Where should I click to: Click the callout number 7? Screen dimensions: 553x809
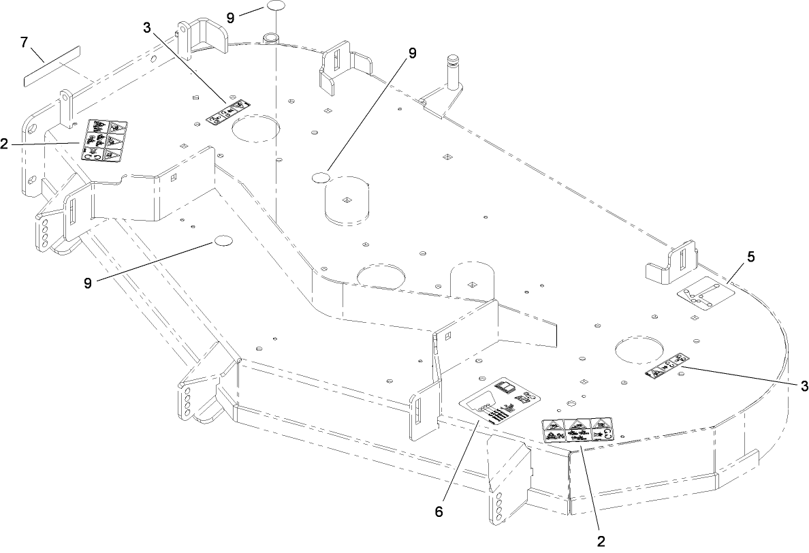pos(24,42)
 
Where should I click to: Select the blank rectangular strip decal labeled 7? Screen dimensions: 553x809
pos(52,67)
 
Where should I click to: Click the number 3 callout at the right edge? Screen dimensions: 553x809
pos(804,386)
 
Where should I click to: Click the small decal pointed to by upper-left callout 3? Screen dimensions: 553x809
pos(227,112)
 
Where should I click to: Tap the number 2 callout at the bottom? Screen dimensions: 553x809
pos(601,541)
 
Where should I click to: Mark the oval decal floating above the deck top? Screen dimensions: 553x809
pos(275,6)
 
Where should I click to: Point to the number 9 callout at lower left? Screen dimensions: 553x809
pos(88,283)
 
